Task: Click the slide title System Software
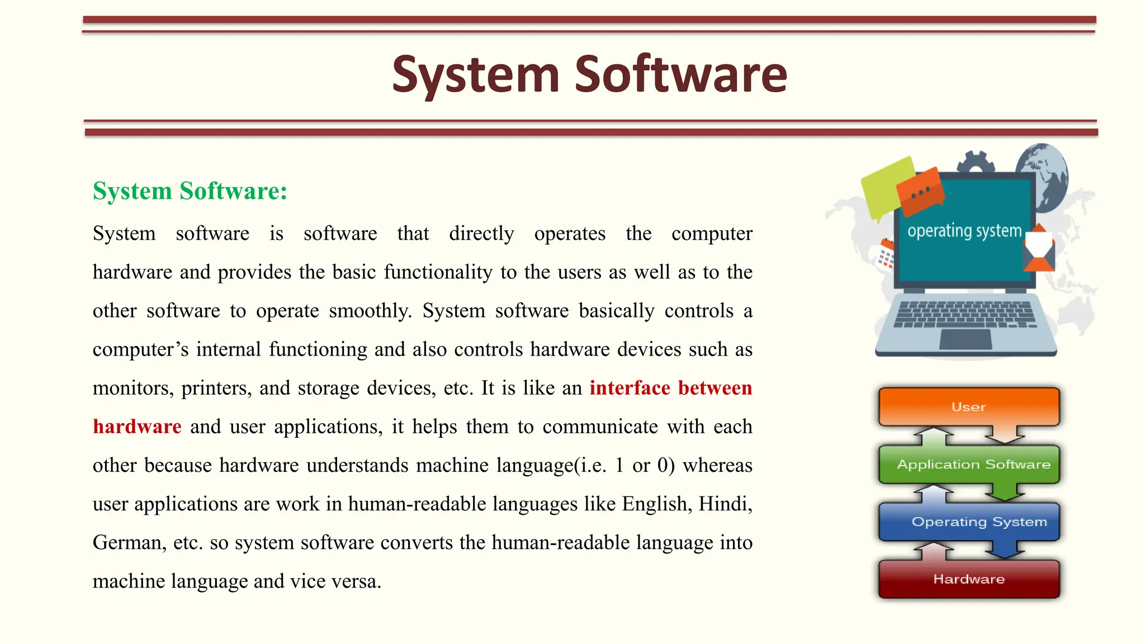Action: tap(589, 74)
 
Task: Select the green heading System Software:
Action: tap(190, 191)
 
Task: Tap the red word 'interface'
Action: tap(630, 388)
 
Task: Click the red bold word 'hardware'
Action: tap(137, 427)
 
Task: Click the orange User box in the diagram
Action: tap(968, 406)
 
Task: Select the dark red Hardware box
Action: tap(968, 579)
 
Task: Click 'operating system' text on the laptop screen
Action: tap(964, 231)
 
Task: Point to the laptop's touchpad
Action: tap(965, 339)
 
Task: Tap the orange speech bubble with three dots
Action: tap(920, 192)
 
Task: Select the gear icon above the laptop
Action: tap(976, 163)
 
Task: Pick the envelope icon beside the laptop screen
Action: tap(1039, 249)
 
